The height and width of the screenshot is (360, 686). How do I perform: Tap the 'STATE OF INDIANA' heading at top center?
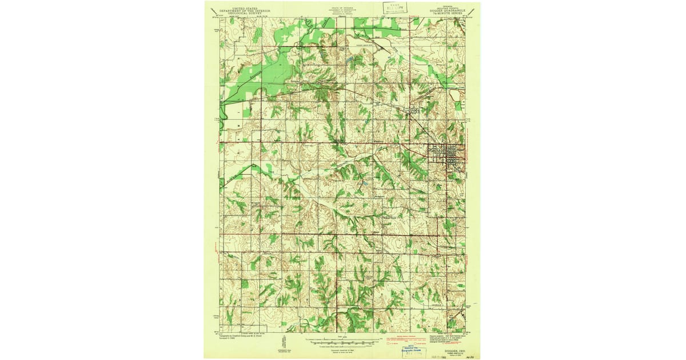[342, 7]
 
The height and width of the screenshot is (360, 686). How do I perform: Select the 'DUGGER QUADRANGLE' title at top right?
[450, 10]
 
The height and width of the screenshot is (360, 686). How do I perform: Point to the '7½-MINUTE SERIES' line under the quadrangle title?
[450, 13]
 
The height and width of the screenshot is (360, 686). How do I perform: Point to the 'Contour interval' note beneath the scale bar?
[342, 348]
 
